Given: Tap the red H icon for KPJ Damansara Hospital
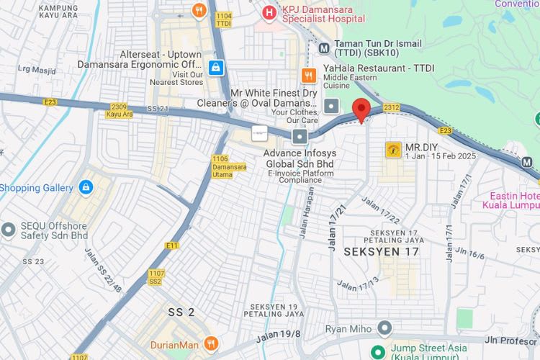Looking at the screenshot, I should pyautogui.click(x=269, y=11).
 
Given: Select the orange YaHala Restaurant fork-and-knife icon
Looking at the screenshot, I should pyautogui.click(x=309, y=76).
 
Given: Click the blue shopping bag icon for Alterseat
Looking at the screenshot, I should pyautogui.click(x=215, y=68).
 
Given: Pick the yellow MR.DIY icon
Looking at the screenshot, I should pyautogui.click(x=394, y=149).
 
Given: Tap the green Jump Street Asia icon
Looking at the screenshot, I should pyautogui.click(x=376, y=351).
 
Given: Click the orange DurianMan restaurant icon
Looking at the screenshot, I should pyautogui.click(x=210, y=344).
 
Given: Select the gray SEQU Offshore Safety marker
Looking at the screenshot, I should pyautogui.click(x=8, y=229).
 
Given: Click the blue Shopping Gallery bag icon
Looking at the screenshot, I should pyautogui.click(x=86, y=187).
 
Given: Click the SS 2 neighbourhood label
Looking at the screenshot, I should pyautogui.click(x=181, y=312).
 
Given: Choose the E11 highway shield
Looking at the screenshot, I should pyautogui.click(x=171, y=246).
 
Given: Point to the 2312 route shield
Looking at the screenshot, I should pyautogui.click(x=391, y=107).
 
